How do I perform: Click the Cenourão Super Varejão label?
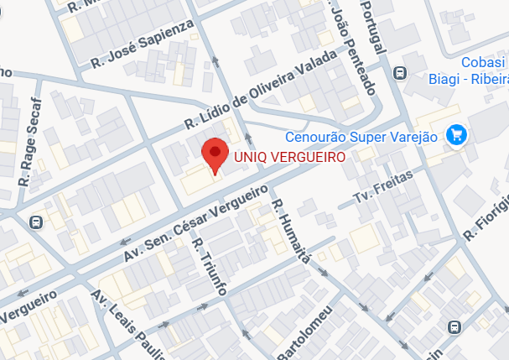coord(361,137)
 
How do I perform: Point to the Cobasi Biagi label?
coord(485,70)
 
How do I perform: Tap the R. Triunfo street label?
coord(210,267)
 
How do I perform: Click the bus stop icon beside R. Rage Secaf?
coord(35,222)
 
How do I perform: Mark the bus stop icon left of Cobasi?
coord(400,72)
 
